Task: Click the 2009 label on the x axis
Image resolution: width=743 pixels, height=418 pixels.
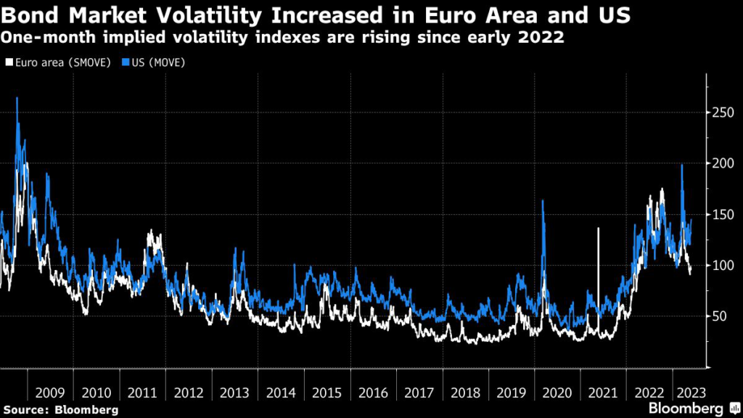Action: pos(50,393)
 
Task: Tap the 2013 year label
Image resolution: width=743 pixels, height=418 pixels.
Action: pos(235,393)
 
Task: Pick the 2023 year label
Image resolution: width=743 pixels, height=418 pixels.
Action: pos(687,393)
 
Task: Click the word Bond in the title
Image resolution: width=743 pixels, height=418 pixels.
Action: pos(29,15)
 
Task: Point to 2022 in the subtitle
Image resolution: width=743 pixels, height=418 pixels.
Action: pos(539,37)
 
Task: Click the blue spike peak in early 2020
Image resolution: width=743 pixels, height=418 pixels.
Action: pos(543,200)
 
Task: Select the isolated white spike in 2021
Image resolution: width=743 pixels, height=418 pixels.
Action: pos(598,229)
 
